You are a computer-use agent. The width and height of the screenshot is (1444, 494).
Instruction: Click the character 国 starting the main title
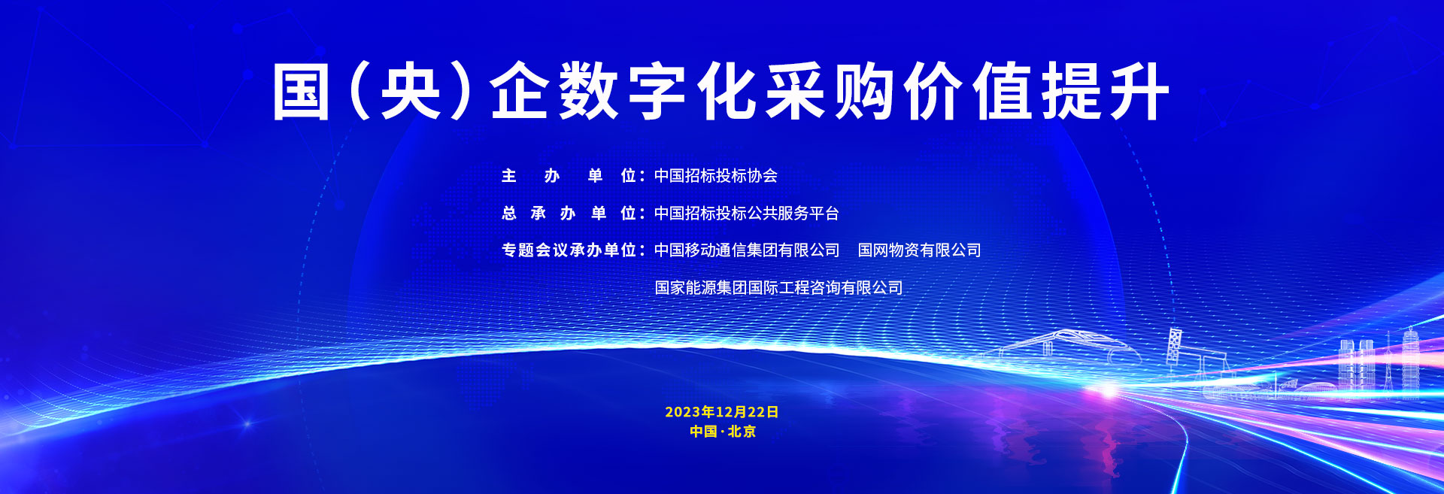point(301,91)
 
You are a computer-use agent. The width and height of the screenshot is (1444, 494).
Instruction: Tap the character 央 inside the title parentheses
point(411,91)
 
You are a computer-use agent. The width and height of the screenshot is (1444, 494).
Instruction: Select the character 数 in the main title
point(589,91)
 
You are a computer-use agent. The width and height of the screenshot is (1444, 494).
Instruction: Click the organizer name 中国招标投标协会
point(716,176)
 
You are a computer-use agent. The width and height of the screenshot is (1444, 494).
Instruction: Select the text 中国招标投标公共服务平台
point(747,214)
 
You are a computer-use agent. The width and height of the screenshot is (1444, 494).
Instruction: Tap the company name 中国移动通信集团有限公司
point(747,250)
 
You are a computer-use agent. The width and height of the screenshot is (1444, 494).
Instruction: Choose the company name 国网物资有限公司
point(920,250)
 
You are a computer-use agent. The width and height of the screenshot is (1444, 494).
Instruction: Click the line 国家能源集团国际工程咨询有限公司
point(778,288)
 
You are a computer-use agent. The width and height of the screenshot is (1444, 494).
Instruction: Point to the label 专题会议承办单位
point(569,250)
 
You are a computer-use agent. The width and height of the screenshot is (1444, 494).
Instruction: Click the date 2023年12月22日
point(722,412)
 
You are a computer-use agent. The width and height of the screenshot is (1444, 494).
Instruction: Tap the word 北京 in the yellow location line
point(742,432)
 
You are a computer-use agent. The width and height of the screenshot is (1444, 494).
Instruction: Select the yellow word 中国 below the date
point(703,432)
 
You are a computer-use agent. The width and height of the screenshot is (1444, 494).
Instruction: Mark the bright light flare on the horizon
point(1108,389)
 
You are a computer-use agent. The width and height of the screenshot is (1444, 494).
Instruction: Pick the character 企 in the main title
point(520,91)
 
